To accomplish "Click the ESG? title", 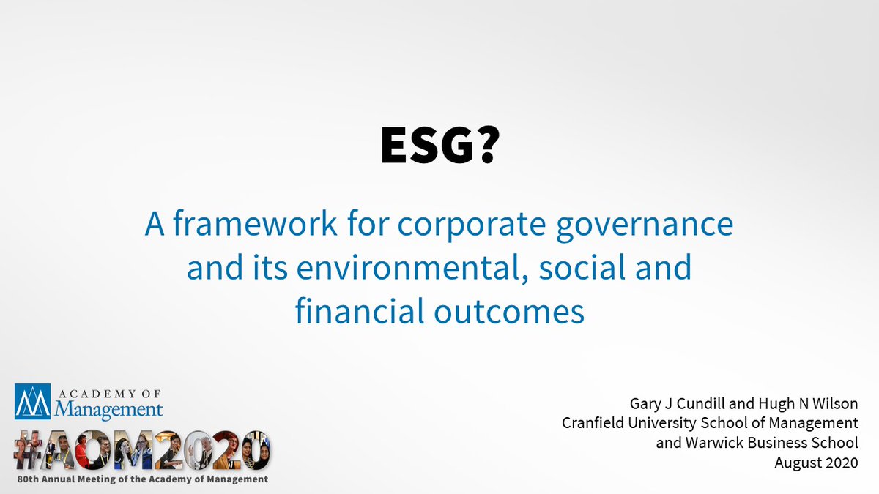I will pos(439,146).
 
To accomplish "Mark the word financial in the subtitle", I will pos(355,311).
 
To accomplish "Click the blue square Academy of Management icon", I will pos(32,401).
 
